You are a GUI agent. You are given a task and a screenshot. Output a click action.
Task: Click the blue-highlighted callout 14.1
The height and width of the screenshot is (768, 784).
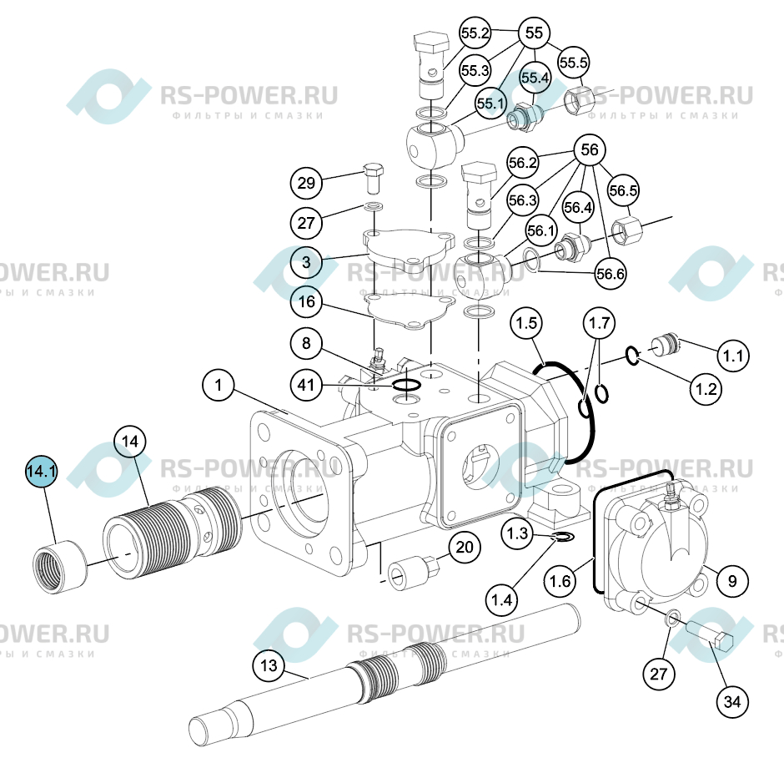pyautogui.click(x=41, y=471)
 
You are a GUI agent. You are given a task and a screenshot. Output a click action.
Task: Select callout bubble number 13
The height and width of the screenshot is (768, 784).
pyautogui.click(x=269, y=665)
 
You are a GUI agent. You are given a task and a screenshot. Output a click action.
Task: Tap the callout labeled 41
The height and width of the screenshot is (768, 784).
pyautogui.click(x=306, y=385)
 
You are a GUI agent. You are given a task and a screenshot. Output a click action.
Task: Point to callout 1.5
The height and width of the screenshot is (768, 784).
pyautogui.click(x=526, y=323)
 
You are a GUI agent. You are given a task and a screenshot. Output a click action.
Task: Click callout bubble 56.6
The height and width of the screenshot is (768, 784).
pyautogui.click(x=611, y=274)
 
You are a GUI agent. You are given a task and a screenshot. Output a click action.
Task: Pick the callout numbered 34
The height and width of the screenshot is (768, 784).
pyautogui.click(x=732, y=701)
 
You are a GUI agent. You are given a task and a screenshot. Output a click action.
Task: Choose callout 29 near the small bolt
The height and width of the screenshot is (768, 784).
pyautogui.click(x=306, y=183)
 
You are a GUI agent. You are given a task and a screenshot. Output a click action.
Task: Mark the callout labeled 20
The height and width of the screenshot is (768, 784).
pyautogui.click(x=464, y=547)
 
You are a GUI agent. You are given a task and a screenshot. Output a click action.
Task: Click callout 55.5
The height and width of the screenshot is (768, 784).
pyautogui.click(x=574, y=63)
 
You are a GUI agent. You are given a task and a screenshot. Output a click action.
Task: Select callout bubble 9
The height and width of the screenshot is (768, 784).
pyautogui.click(x=732, y=581)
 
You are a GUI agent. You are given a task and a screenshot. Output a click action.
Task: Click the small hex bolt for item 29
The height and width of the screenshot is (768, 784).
pyautogui.click(x=373, y=179)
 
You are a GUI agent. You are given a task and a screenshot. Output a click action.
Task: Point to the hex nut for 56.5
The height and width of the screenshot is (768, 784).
pyautogui.click(x=626, y=230)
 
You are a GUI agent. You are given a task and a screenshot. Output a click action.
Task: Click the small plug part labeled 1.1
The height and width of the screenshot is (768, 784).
pyautogui.click(x=666, y=346)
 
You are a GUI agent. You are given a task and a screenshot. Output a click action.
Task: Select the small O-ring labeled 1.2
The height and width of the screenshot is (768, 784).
pyautogui.click(x=632, y=356)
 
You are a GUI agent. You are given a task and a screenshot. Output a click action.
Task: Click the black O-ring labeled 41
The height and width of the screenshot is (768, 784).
pyautogui.click(x=406, y=385)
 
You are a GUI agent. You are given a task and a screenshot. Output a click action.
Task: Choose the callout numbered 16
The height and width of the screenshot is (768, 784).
pyautogui.click(x=306, y=301)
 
